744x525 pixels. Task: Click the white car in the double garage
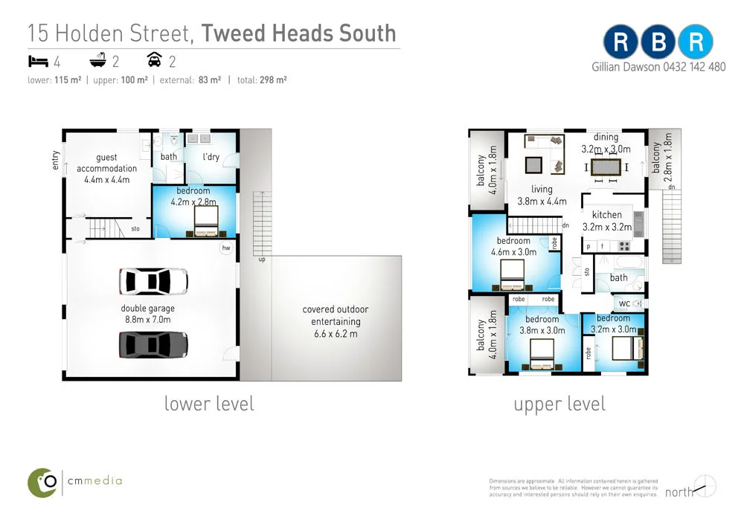(154, 280)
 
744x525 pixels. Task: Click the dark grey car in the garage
(154, 344)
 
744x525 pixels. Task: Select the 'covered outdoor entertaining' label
(335, 321)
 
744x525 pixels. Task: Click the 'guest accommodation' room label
(106, 168)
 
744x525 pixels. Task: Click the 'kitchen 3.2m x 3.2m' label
(606, 221)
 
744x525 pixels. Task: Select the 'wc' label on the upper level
(624, 303)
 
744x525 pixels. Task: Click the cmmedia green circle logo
(43, 482)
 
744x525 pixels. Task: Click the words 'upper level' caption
(559, 404)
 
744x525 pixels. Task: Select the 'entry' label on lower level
(56, 161)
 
